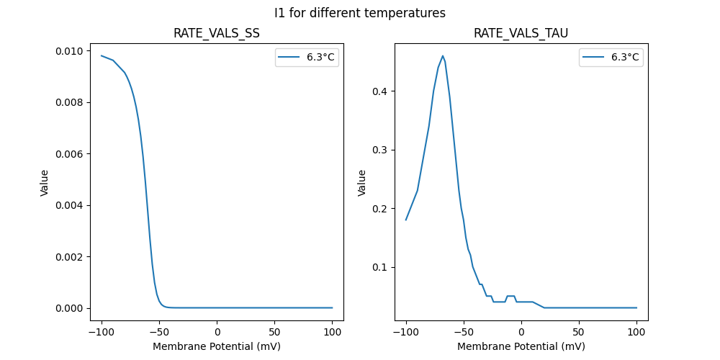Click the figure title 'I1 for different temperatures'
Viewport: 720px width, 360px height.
tap(360, 13)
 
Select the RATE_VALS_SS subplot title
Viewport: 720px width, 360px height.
tap(217, 34)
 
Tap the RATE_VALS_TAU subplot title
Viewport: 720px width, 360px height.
tap(521, 34)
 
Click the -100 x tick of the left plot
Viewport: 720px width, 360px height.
tap(102, 332)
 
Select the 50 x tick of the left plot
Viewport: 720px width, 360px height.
tap(274, 332)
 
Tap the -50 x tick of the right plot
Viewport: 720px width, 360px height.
tap(464, 332)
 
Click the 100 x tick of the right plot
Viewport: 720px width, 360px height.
tap(636, 332)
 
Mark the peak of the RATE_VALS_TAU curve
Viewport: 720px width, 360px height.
tap(443, 55)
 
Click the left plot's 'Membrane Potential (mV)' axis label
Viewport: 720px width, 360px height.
tap(217, 346)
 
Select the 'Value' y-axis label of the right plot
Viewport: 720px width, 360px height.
tap(362, 183)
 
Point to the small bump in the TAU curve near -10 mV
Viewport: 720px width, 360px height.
tap(510, 296)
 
